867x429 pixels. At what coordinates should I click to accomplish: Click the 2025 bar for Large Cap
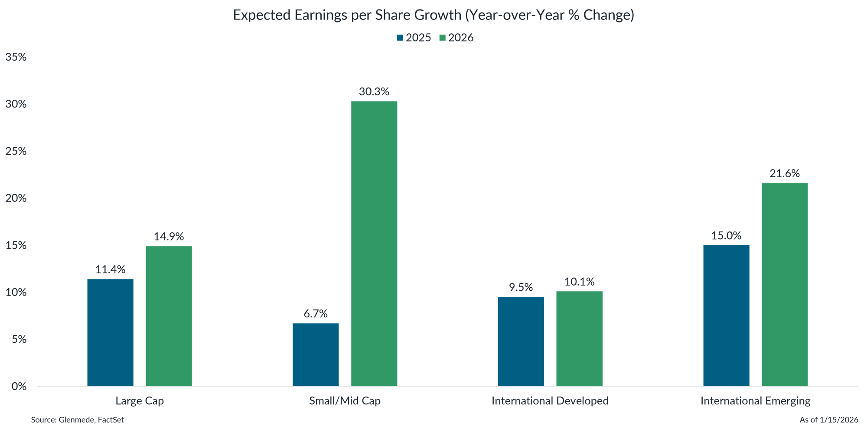(110, 332)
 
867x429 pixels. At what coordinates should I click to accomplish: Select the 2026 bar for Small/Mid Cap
(374, 244)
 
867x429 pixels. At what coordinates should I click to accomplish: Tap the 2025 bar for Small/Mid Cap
(316, 354)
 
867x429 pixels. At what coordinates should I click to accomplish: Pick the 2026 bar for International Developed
(579, 338)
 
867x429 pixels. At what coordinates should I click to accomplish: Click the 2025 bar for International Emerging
(726, 315)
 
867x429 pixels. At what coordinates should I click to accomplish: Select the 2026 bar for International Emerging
(785, 284)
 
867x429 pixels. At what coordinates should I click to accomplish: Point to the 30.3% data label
(374, 92)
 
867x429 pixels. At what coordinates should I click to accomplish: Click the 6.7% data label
(316, 314)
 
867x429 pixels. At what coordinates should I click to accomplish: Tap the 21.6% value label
(785, 174)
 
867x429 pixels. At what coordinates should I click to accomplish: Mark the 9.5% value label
(521, 287)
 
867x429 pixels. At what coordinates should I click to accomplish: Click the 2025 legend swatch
(400, 38)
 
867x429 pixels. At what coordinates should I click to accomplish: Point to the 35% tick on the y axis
(16, 57)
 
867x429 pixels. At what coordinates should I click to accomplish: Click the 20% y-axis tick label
(16, 198)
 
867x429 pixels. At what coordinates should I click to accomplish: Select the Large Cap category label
(140, 401)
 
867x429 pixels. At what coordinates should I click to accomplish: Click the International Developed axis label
(550, 401)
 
